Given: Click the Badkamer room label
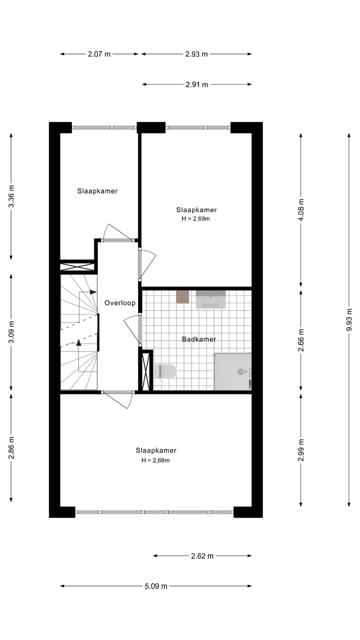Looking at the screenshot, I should pos(199,339).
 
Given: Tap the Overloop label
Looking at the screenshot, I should pos(119,303).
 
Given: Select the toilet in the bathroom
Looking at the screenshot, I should pos(166,371).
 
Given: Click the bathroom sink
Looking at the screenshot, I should pos(210,299).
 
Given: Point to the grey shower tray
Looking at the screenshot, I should pos(232,371).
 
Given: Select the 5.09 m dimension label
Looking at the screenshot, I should pos(156,586).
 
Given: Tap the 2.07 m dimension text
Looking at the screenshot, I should pos(99,54).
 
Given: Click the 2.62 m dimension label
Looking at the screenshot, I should pos(202,555).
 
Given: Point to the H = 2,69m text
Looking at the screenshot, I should pos(196,218).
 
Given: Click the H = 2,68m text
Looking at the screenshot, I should pos(155,460).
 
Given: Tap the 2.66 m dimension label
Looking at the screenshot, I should pos(300,340).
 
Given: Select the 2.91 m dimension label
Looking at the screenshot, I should pos(196,84).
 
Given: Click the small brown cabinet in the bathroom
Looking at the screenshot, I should pos(182,296).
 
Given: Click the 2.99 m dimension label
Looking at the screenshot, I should pos(300,449).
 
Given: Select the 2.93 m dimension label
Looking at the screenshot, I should pos(196,54).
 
